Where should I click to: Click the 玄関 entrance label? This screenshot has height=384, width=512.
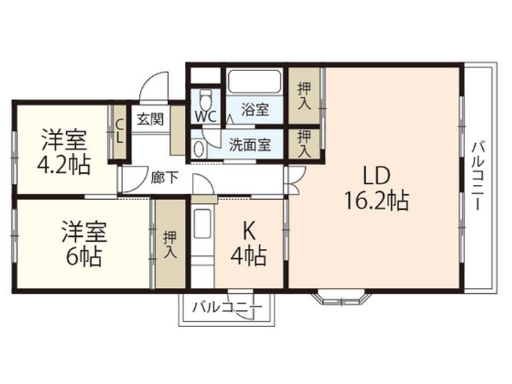point(149,119)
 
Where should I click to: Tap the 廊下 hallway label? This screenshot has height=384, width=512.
point(164,177)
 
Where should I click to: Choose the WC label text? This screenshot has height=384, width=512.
point(206,114)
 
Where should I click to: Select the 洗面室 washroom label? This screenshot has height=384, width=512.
point(249,144)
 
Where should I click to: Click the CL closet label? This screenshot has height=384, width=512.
point(119,132)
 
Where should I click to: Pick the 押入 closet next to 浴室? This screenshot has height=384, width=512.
point(304,95)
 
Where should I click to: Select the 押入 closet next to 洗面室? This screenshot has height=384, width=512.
point(304,143)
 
